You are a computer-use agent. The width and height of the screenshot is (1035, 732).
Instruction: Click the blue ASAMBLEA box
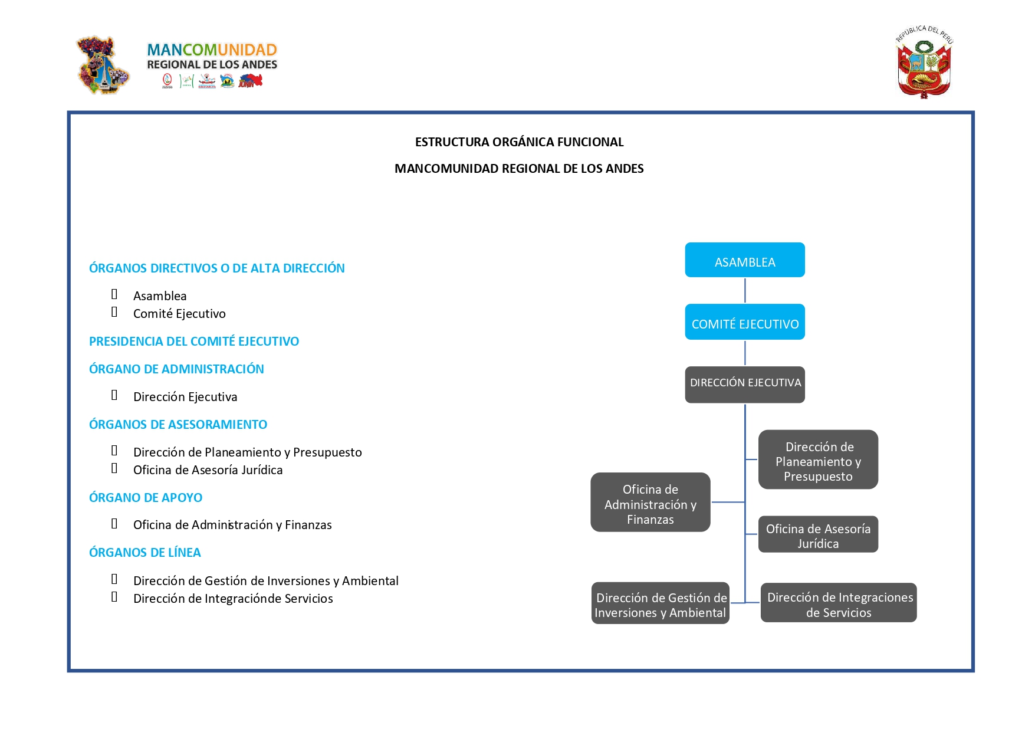(745, 260)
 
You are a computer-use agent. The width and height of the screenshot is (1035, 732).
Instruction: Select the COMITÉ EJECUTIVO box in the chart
(745, 322)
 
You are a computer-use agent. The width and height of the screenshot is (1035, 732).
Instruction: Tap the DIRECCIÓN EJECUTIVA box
(745, 385)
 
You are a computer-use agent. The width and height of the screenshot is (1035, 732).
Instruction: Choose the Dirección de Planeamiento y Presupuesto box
(818, 459)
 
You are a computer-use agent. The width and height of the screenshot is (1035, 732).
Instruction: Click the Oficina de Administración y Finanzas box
(650, 502)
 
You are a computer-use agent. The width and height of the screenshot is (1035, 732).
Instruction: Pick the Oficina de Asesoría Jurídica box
(818, 534)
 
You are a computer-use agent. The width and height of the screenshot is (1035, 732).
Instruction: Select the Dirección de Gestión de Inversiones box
(661, 603)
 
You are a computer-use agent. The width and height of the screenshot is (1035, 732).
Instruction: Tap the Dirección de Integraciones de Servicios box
(839, 602)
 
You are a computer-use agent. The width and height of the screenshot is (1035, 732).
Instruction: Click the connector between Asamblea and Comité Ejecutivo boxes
(745, 291)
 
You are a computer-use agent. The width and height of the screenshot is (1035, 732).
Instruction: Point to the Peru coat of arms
(924, 62)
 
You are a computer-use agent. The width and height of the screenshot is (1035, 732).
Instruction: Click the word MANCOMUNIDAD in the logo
(212, 50)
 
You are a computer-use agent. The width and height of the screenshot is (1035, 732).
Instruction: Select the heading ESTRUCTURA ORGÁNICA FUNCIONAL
(519, 142)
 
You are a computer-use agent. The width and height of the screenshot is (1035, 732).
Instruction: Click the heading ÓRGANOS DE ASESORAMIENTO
(178, 425)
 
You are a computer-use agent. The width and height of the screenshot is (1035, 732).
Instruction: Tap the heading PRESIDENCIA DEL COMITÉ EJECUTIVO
(194, 342)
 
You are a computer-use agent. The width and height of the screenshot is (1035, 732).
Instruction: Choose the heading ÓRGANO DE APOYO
(146, 498)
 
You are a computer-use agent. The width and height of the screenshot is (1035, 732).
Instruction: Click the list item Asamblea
(160, 296)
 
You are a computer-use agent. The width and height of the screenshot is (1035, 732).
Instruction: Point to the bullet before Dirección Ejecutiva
(114, 395)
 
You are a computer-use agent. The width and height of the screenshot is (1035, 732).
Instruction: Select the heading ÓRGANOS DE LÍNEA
(145, 553)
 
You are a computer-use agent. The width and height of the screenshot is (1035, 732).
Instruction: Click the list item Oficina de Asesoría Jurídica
(208, 470)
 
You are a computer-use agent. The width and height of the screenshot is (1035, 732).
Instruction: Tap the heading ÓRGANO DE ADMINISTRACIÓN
(176, 369)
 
